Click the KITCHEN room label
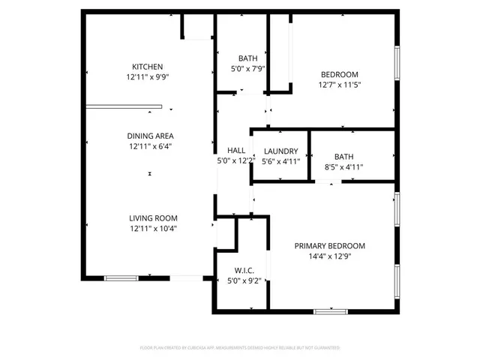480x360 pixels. click(147, 66)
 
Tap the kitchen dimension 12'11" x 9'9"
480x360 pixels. click(147, 76)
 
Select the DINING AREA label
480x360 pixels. click(150, 136)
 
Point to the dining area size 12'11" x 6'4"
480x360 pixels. click(150, 146)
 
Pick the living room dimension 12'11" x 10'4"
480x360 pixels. click(152, 229)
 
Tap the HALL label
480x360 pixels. click(236, 150)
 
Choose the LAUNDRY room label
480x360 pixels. click(280, 151)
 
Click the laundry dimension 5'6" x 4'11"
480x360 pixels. click(280, 160)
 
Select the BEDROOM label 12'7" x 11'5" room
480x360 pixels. click(339, 73)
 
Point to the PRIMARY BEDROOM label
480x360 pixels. click(329, 246)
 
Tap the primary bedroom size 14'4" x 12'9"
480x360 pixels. click(329, 256)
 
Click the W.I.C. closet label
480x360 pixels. click(244, 270)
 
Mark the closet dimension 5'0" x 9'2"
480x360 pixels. click(243, 281)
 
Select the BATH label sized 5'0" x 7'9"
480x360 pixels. click(248, 58)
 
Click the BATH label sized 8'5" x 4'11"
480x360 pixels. click(343, 157)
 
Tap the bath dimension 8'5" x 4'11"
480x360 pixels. click(343, 167)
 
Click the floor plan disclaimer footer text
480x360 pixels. click(240, 348)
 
